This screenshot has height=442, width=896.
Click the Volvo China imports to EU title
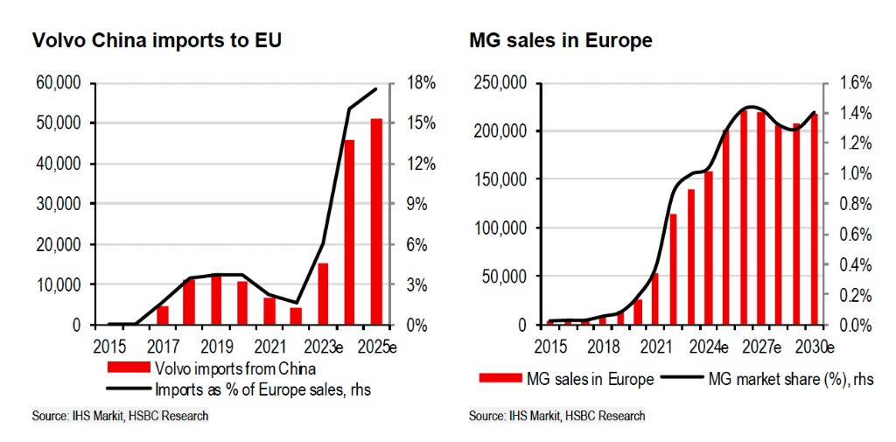coord(157,40)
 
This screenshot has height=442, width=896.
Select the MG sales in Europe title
coord(560,40)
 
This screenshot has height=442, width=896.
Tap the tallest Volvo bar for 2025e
coord(376,221)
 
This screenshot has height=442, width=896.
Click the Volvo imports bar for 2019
coord(216,299)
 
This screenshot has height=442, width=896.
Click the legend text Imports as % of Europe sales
coord(262,390)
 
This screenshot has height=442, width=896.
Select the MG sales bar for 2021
coord(655,298)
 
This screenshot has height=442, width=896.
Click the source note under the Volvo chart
coord(120,416)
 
